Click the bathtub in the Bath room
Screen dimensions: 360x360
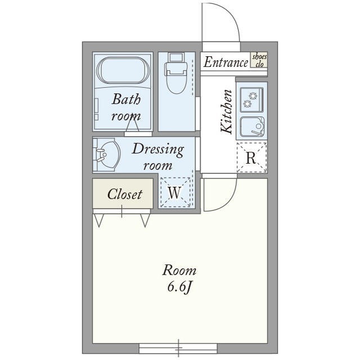[123, 70]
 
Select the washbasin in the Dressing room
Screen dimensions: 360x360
[108, 154]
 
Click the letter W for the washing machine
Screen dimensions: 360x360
[174, 192]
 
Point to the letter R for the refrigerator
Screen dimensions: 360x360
[251, 157]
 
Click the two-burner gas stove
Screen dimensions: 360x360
[251, 100]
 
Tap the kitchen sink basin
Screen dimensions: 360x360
[252, 127]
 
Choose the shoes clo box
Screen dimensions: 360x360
[259, 60]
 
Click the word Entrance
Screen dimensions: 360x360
[226, 62]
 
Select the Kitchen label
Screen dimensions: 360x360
[227, 112]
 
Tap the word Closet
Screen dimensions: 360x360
[125, 194]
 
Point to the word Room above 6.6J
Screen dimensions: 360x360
[179, 271]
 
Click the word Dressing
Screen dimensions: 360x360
[158, 150]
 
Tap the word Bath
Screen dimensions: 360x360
[126, 99]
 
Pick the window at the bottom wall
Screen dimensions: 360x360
[178, 348]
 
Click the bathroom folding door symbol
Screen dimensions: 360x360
[133, 124]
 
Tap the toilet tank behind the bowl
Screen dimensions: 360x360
[176, 57]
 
